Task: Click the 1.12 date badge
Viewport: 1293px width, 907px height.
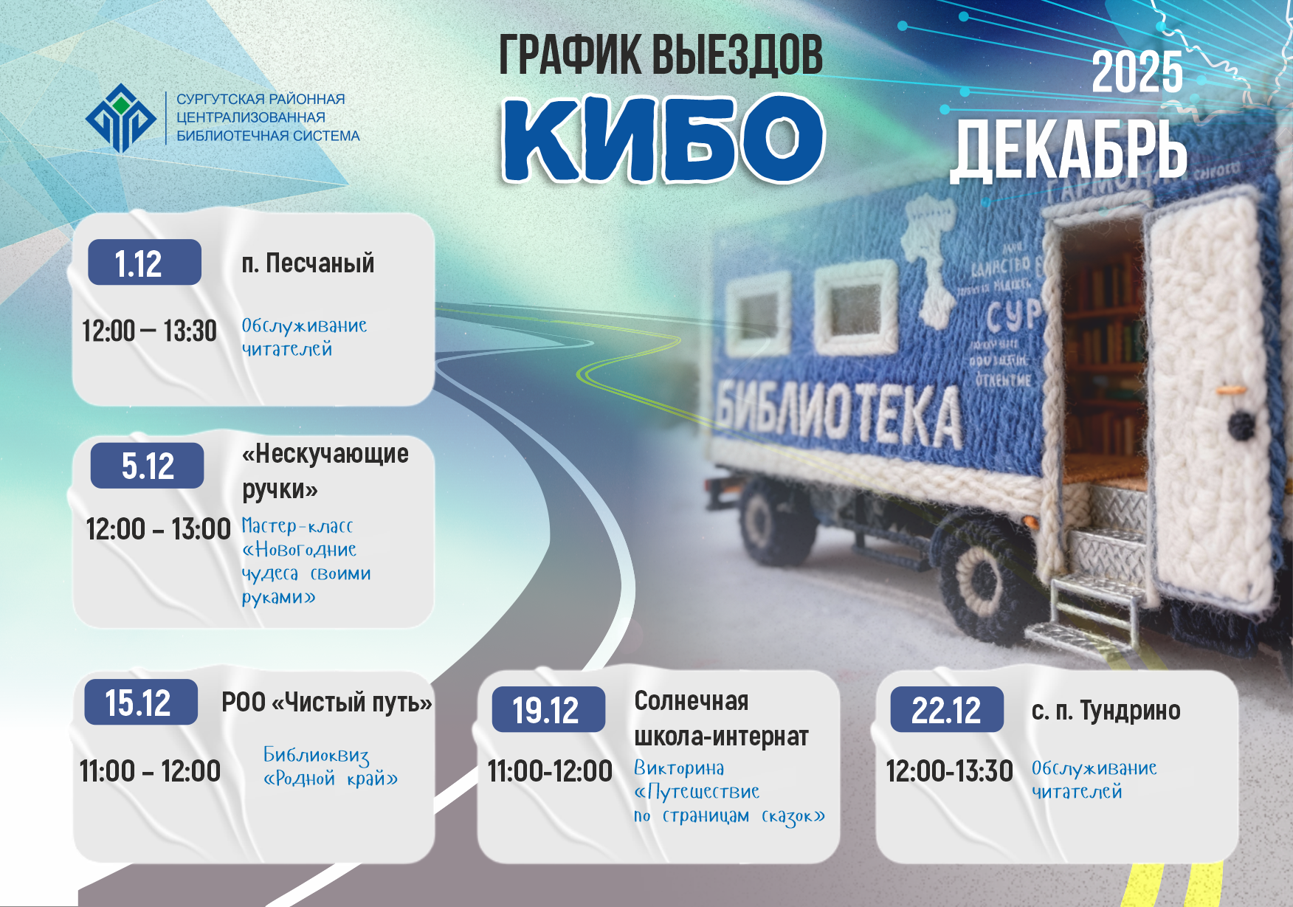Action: [144, 263]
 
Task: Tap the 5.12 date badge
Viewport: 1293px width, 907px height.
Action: [147, 466]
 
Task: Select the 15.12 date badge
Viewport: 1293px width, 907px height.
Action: [140, 702]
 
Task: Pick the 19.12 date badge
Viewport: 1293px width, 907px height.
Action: [548, 710]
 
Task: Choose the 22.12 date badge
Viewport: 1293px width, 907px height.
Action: [946, 710]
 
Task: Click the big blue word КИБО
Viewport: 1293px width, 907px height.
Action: [662, 138]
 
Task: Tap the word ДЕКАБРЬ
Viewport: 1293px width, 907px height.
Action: [1069, 151]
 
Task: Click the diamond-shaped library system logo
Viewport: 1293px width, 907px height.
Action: [121, 118]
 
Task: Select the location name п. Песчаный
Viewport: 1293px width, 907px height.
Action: [308, 263]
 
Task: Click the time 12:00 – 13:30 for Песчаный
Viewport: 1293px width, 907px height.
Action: [149, 331]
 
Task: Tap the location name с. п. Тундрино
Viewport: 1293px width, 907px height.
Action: [1106, 711]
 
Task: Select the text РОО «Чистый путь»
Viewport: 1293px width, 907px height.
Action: [326, 703]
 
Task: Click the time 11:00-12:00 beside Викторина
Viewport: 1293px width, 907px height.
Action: [550, 771]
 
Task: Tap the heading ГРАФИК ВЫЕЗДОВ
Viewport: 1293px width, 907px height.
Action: [661, 55]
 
